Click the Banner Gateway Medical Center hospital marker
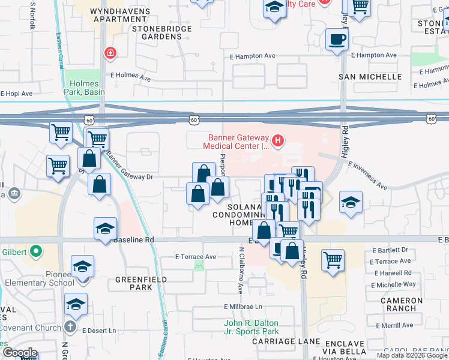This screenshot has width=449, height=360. coord(277,141)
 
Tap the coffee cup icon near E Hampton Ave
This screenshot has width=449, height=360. coord(336,40)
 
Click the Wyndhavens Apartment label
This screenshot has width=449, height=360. coord(118,15)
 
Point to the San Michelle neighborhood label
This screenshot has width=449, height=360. coord(370,77)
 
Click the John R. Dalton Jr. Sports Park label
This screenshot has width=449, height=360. coord(252,327)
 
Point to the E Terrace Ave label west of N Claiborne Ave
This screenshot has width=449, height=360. coord(196,257)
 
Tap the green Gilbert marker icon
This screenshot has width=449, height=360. coord(35,251)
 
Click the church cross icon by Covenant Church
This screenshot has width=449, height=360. coord(70,327)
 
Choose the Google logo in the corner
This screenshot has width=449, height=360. coord(20,352)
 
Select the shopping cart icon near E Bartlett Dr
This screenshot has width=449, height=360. coord(333,260)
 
